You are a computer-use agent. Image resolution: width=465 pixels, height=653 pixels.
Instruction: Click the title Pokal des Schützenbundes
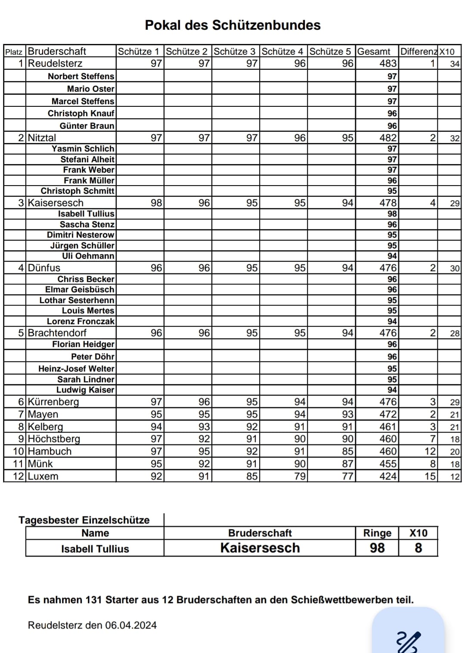click(232, 25)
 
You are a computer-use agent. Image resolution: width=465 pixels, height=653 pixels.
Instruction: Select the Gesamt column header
click(374, 51)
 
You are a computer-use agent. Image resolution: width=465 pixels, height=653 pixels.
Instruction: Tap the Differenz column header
click(418, 51)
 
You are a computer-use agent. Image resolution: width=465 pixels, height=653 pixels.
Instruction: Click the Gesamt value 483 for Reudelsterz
click(388, 63)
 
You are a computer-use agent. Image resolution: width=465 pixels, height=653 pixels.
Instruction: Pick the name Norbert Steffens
click(81, 76)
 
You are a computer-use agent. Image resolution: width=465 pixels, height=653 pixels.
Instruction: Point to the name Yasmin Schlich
click(83, 149)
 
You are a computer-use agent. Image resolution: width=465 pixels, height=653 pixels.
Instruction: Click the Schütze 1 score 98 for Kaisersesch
click(156, 203)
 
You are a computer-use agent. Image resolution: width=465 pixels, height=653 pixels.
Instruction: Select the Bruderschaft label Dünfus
click(44, 268)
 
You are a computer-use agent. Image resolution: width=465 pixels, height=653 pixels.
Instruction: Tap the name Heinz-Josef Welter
click(76, 368)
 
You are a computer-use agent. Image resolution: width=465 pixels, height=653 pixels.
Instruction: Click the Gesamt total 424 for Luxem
click(388, 476)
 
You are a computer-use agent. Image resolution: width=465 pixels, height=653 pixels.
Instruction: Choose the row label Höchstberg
click(54, 439)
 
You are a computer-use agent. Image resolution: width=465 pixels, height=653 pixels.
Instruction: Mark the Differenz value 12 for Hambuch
click(430, 451)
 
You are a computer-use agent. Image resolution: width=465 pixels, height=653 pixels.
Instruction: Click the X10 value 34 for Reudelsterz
click(455, 64)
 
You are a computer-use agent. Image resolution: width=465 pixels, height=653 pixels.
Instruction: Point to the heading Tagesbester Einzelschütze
click(84, 520)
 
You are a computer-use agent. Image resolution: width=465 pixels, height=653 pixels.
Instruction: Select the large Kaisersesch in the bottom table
click(260, 548)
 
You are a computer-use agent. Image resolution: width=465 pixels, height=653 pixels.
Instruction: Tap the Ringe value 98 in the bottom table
click(377, 548)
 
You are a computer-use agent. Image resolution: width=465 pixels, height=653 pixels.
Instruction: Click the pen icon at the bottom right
click(408, 641)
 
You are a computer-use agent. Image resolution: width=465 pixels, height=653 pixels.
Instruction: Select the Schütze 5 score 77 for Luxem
click(347, 476)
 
